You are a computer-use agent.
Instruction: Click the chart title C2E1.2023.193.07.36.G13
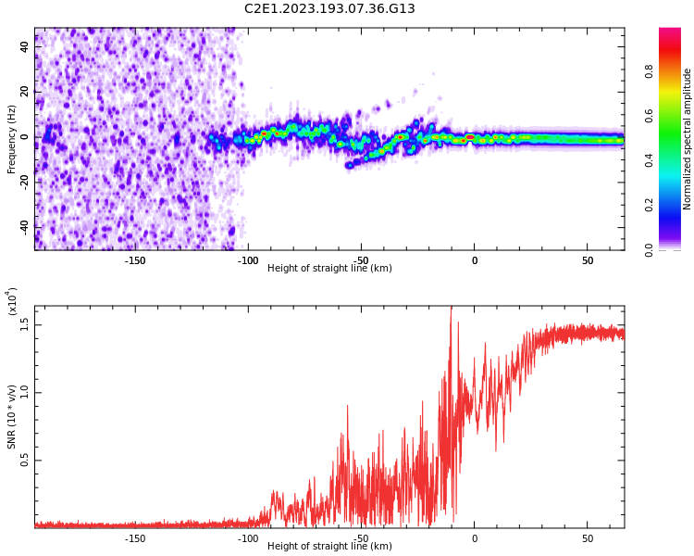click(x=329, y=9)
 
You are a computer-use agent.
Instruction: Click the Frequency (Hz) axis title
click(x=12, y=138)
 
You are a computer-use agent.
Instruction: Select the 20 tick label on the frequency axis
click(x=26, y=92)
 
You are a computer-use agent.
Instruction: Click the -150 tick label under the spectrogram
click(x=135, y=260)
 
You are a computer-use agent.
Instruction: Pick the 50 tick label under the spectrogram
click(x=588, y=260)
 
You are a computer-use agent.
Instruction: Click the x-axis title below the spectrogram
click(x=329, y=269)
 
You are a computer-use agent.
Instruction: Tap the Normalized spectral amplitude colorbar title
click(x=688, y=138)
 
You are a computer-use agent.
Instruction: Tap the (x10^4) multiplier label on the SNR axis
click(x=12, y=301)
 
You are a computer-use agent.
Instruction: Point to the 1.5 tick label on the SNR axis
click(x=26, y=323)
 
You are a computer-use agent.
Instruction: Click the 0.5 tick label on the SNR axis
click(x=26, y=460)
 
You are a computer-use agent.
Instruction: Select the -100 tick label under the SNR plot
click(x=248, y=538)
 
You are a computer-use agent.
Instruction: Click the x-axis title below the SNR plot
click(x=329, y=547)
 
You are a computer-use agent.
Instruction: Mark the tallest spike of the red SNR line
click(x=451, y=310)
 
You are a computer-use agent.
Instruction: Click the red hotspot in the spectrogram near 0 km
click(x=470, y=137)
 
